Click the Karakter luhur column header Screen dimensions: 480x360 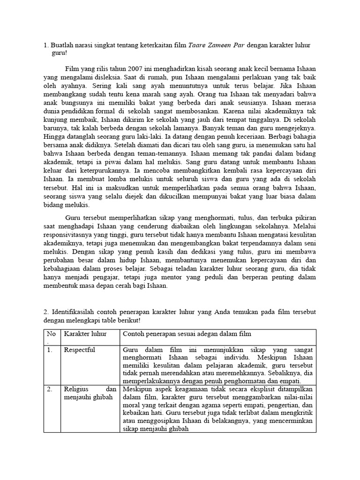[85, 334]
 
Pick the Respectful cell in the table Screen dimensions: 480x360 [79, 350]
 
